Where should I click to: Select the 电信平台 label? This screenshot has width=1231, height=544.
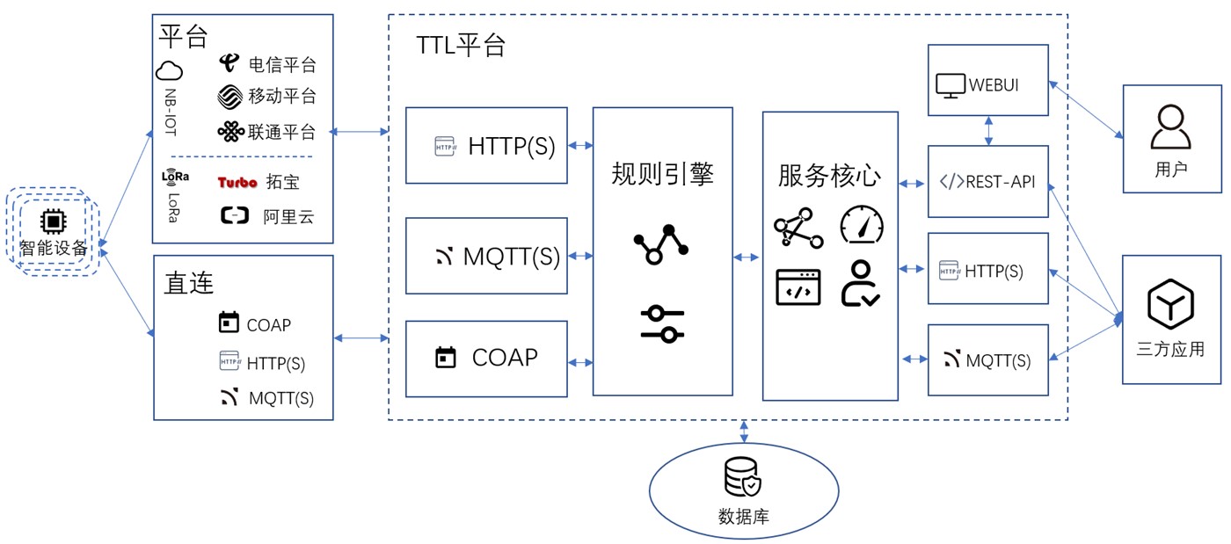pyautogui.click(x=282, y=64)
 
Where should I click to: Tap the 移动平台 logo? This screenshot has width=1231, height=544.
pyautogui.click(x=229, y=96)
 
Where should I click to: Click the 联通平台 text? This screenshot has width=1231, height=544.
pyautogui.click(x=282, y=132)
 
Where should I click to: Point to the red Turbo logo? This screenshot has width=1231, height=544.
pyautogui.click(x=237, y=182)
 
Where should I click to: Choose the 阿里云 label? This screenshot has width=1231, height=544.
pyautogui.click(x=288, y=216)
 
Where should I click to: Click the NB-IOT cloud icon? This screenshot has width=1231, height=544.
pyautogui.click(x=169, y=71)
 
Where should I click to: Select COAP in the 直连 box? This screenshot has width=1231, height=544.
pyautogui.click(x=268, y=325)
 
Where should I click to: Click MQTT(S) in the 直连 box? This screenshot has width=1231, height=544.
pyautogui.click(x=280, y=397)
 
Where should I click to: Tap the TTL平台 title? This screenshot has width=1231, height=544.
pyautogui.click(x=461, y=46)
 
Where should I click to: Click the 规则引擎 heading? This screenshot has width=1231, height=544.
pyautogui.click(x=662, y=174)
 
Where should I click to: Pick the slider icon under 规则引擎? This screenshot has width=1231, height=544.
pyautogui.click(x=662, y=323)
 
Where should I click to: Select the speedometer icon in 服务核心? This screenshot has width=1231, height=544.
pyautogui.click(x=862, y=225)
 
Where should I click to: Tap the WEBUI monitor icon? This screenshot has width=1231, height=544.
pyautogui.click(x=950, y=85)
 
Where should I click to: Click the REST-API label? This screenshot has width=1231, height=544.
pyautogui.click(x=1000, y=182)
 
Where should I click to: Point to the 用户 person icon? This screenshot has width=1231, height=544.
pyautogui.click(x=1171, y=127)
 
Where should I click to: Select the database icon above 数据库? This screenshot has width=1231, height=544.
pyautogui.click(x=743, y=477)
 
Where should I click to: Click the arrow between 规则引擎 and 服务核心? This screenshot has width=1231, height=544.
pyautogui.click(x=747, y=257)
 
